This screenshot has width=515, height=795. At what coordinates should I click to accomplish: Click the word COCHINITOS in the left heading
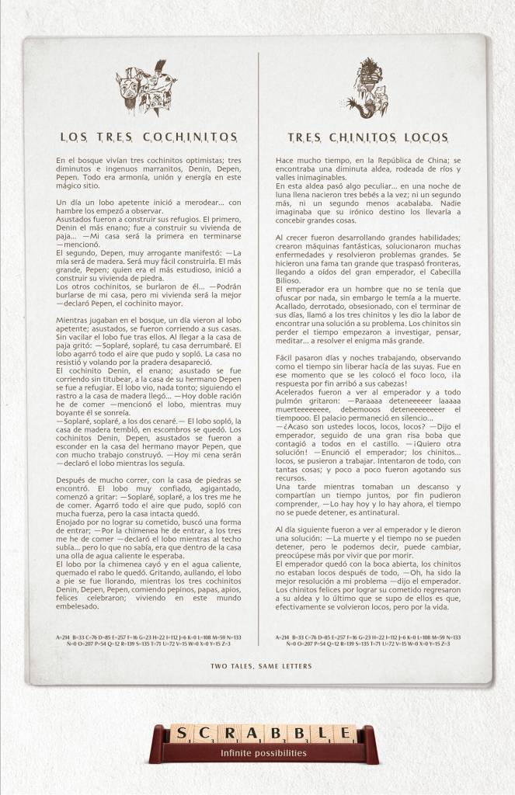pyautogui.click(x=191, y=137)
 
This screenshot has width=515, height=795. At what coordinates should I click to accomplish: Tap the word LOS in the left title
pyautogui.click(x=74, y=137)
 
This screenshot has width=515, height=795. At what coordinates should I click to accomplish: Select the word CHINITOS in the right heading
pyautogui.click(x=359, y=137)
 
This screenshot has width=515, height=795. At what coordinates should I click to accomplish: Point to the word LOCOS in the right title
pyautogui.click(x=425, y=137)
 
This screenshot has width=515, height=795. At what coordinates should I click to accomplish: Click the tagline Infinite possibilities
pyautogui.click(x=263, y=753)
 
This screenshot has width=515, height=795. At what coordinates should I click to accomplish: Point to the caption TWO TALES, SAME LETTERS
pyautogui.click(x=261, y=666)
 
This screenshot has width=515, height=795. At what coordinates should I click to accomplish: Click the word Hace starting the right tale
pyautogui.click(x=285, y=159)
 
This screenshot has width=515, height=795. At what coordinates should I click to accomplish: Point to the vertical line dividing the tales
pyautogui.click(x=258, y=349)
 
